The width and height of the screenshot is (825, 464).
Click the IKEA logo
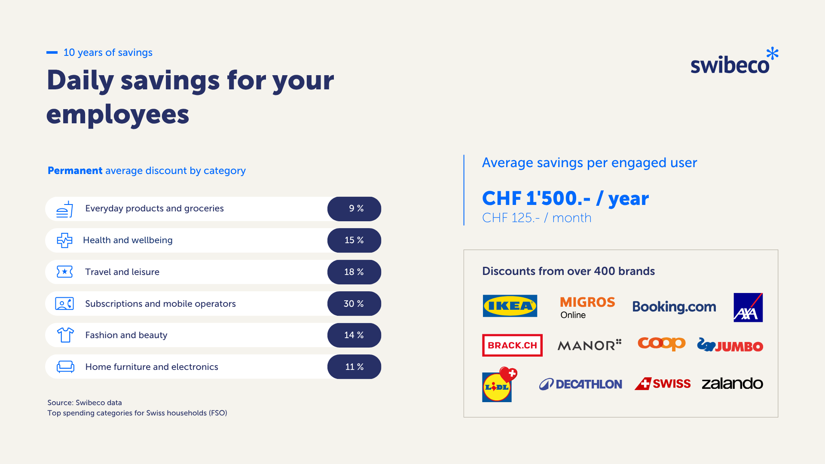click(x=510, y=306)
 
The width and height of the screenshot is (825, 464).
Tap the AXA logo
click(x=748, y=308)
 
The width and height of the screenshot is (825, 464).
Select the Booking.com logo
click(x=674, y=307)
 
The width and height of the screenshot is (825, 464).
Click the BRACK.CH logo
click(x=512, y=345)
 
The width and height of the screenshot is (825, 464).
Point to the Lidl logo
click(x=499, y=385)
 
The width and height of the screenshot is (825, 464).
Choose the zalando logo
click(x=732, y=383)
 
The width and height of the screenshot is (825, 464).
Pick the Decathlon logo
click(x=581, y=384)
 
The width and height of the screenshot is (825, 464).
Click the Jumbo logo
click(x=730, y=345)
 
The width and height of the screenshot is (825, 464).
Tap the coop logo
click(x=661, y=344)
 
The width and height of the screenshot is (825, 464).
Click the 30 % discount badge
click(x=354, y=304)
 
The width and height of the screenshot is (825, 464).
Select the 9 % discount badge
click(x=354, y=209)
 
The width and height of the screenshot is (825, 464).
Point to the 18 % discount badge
click(x=354, y=272)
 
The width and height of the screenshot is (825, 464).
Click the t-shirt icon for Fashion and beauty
click(x=65, y=335)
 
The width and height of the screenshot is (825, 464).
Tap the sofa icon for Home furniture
click(x=65, y=367)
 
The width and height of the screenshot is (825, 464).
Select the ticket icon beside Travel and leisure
click(x=65, y=272)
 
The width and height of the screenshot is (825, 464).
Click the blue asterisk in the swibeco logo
click(x=772, y=54)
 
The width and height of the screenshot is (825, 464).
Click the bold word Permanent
click(x=75, y=171)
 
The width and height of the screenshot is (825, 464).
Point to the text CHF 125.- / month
click(x=537, y=218)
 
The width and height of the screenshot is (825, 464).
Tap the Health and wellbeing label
click(x=128, y=240)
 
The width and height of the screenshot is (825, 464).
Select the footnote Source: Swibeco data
click(x=85, y=403)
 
